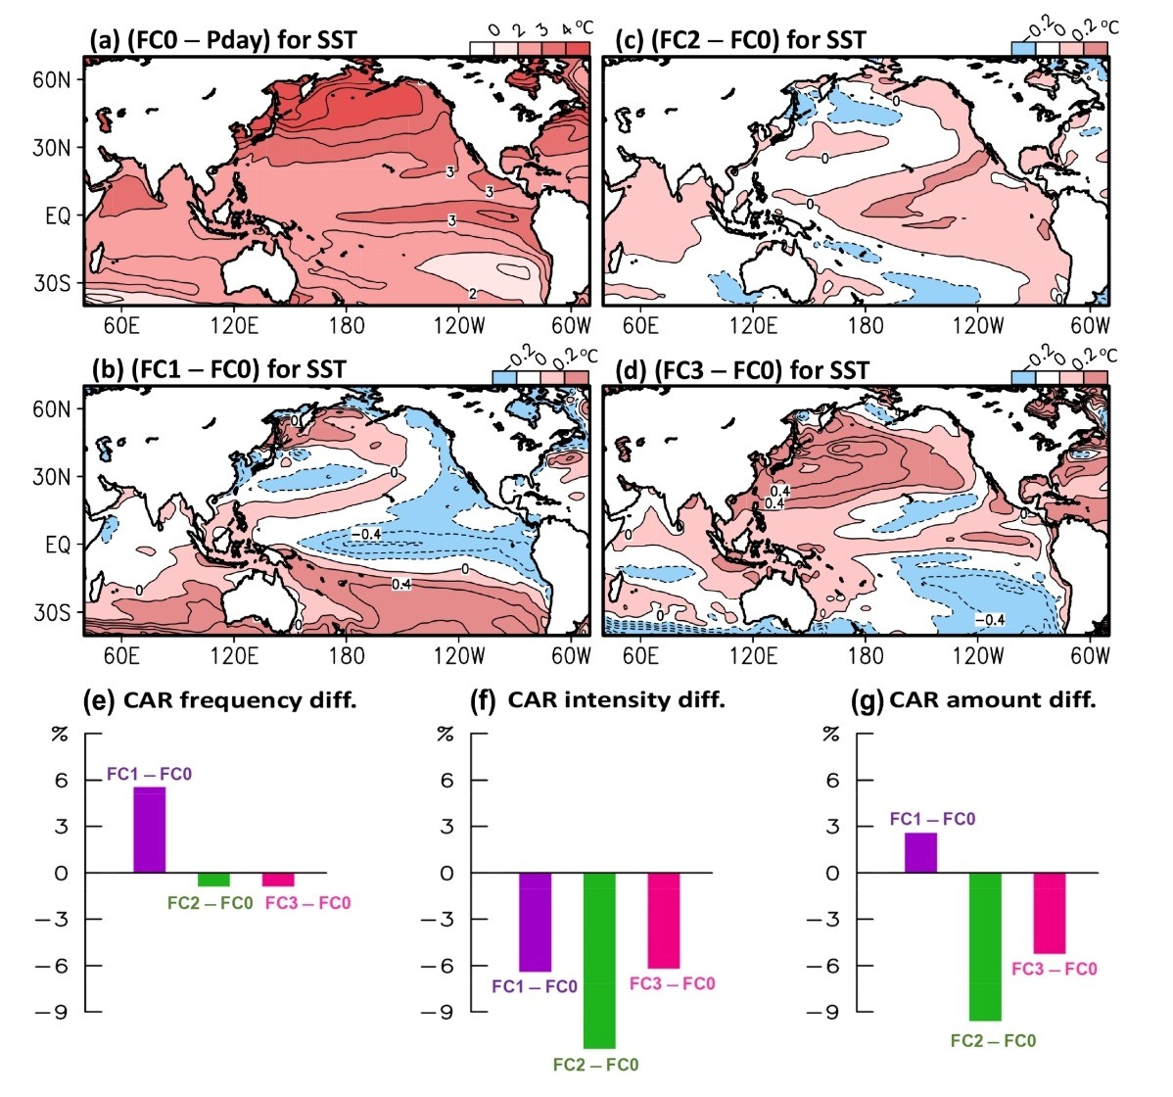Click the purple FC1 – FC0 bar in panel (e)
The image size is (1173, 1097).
(150, 830)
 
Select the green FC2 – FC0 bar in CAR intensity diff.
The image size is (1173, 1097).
(599, 960)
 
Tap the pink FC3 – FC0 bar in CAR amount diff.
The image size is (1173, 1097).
(1050, 913)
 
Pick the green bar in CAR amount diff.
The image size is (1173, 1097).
(986, 946)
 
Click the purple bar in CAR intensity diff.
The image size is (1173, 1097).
(535, 922)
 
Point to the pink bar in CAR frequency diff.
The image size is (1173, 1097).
(278, 879)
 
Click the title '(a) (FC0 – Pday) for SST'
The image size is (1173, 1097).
(223, 40)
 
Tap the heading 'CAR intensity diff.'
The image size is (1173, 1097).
(616, 700)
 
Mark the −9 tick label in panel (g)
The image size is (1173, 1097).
(834, 1012)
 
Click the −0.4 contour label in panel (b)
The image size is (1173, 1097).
(365, 534)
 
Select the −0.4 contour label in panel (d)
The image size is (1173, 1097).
(991, 619)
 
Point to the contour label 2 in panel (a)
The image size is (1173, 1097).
(472, 293)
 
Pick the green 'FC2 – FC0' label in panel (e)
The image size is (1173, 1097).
(211, 902)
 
